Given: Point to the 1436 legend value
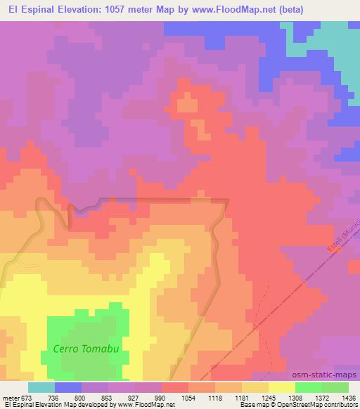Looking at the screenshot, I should click(349, 398).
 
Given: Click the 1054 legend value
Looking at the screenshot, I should click(188, 398).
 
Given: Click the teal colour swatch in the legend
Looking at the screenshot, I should click(41, 387).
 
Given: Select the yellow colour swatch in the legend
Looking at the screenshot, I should click(282, 387).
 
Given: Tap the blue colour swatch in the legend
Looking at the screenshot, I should click(68, 387).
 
